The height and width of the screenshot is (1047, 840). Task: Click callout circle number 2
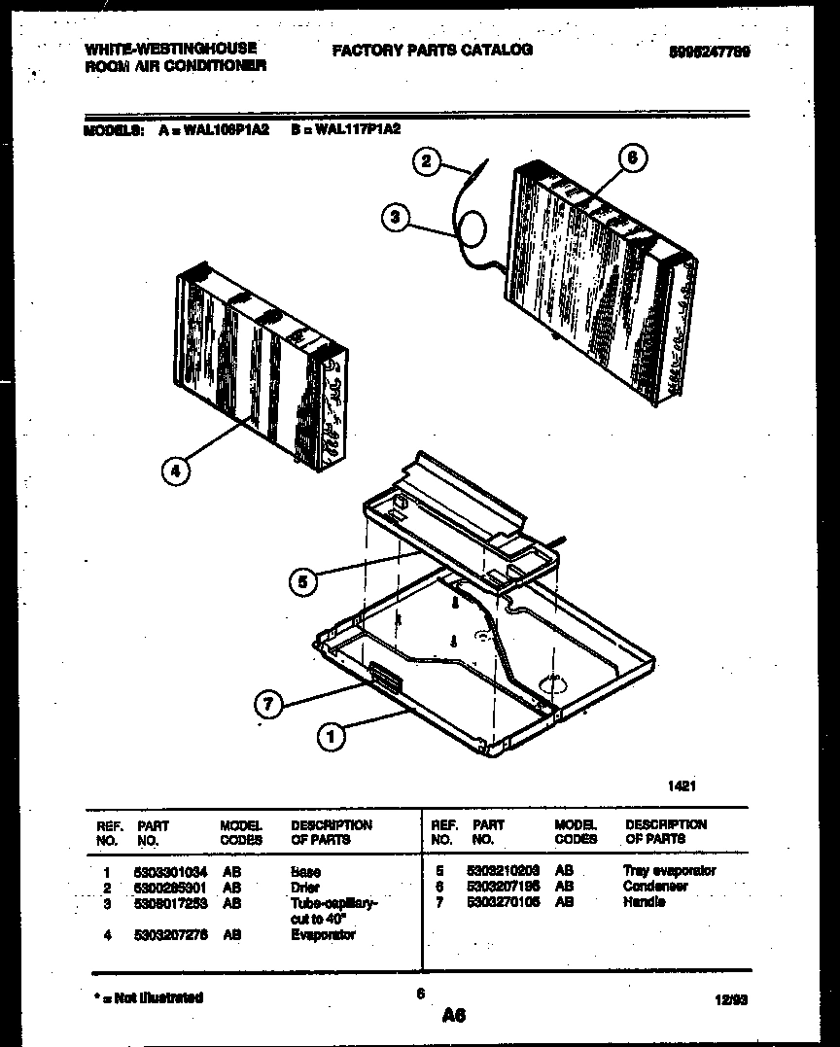pos(427,161)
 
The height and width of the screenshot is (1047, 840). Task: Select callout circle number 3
pos(394,218)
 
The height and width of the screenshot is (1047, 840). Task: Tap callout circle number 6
pos(632,158)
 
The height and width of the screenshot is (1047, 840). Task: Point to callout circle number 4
pos(176,471)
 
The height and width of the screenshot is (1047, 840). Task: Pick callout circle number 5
pos(303,582)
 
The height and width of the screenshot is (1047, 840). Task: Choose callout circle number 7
pos(269,702)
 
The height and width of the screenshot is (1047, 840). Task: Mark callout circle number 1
pos(331,737)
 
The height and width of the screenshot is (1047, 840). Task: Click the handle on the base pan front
pos(383,677)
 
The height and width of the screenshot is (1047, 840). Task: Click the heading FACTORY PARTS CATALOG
pos(432,50)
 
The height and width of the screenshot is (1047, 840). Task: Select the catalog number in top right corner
pos(709,52)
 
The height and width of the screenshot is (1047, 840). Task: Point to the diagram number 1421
pos(681,788)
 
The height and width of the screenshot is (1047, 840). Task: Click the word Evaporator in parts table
pos(323,934)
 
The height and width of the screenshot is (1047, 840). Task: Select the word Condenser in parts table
pos(655,887)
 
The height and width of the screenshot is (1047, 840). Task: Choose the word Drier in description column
pos(305,888)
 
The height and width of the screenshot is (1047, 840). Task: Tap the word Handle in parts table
pos(644,902)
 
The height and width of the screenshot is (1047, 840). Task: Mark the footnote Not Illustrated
pos(149,997)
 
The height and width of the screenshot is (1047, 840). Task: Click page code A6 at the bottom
pos(453,1016)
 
